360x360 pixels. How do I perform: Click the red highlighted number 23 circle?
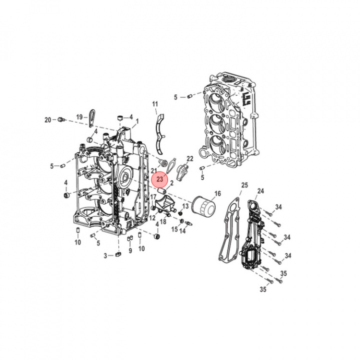click(x=160, y=178)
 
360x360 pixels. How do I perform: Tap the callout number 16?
click(x=217, y=193)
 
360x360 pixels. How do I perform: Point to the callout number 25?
click(x=244, y=185)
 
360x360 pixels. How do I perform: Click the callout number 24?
click(x=260, y=191)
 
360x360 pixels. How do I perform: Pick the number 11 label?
click(x=155, y=104)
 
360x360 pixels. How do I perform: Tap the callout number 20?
click(x=48, y=119)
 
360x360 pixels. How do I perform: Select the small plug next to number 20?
click(x=60, y=119)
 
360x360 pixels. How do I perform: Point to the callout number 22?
click(x=190, y=158)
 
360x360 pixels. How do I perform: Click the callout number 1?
click(x=137, y=121)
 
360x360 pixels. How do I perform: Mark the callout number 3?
click(x=105, y=255)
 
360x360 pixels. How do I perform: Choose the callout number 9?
click(x=129, y=250)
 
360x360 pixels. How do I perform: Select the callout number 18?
click(x=163, y=221)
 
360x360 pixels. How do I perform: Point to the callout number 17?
click(x=153, y=197)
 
